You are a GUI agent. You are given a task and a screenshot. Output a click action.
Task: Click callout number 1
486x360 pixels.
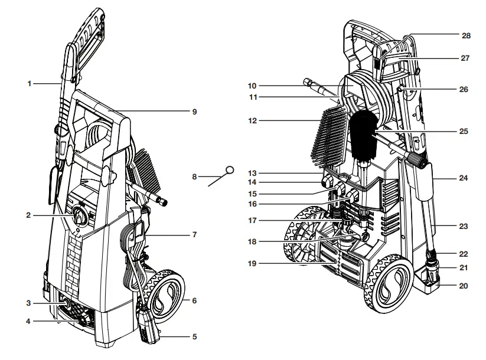tap(29, 84)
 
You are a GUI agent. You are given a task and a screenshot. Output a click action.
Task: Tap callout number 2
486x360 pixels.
tap(28, 215)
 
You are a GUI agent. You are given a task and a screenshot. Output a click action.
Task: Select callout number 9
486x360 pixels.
tap(194, 111)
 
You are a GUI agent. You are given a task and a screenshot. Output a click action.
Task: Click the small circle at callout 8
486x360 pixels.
tap(230, 169)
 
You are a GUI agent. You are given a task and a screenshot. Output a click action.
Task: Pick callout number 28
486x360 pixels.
tap(466, 36)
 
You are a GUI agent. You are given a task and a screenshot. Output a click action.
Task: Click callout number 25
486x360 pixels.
tap(464, 131)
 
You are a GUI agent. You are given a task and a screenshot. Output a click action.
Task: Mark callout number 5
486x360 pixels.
tap(194, 337)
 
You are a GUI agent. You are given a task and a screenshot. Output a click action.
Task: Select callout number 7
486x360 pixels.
tap(194, 235)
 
